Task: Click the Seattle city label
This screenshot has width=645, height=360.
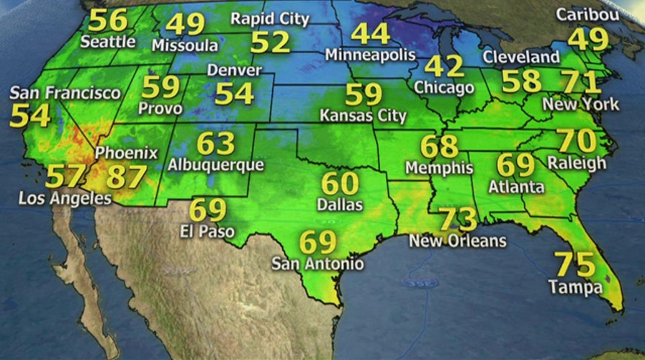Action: click(x=108, y=42)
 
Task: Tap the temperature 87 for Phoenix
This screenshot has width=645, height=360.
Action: click(x=126, y=176)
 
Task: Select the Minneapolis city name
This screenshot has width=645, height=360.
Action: click(x=371, y=55)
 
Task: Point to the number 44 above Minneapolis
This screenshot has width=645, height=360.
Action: click(x=371, y=34)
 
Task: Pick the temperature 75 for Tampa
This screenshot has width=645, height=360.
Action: click(x=575, y=265)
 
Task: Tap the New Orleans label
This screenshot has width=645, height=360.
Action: click(x=458, y=240)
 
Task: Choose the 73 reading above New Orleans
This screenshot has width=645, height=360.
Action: click(x=458, y=218)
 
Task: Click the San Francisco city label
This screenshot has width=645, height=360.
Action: click(x=65, y=94)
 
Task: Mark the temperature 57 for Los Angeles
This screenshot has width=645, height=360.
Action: click(x=66, y=176)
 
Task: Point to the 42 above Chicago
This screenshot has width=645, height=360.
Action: click(x=444, y=66)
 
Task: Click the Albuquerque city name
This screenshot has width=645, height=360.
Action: click(x=216, y=165)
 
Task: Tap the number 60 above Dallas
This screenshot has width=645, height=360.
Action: click(x=340, y=184)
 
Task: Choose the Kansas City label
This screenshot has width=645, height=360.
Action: click(x=364, y=115)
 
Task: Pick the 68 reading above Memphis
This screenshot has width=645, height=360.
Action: click(x=439, y=147)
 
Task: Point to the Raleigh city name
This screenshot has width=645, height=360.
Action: click(x=577, y=163)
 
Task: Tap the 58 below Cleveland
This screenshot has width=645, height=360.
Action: click(x=521, y=81)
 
